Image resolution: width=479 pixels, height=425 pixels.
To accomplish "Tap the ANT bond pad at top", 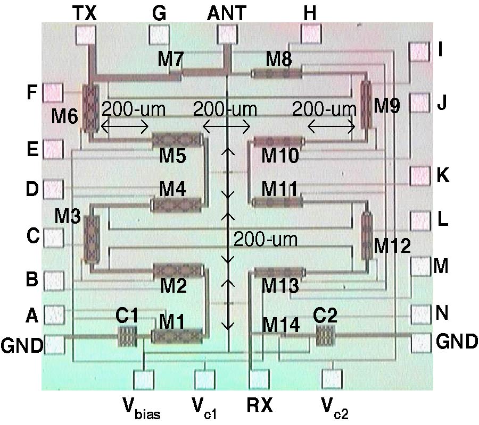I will [x=227, y=36].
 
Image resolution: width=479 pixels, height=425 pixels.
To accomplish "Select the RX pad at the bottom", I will [x=260, y=379].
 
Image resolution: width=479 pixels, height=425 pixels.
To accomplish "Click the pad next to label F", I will [x=53, y=92].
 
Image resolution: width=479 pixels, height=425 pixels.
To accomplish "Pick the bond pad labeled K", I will [x=420, y=175].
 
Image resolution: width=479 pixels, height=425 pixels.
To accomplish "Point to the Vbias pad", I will [x=144, y=379].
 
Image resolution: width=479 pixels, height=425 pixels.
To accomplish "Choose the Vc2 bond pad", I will [x=332, y=379].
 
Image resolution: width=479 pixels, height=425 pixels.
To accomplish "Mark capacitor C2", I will [x=325, y=336].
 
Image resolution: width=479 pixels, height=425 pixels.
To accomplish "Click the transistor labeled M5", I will [x=177, y=140].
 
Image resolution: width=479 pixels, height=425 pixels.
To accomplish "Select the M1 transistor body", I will [x=177, y=336].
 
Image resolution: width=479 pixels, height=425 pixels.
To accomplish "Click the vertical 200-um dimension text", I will [x=265, y=240].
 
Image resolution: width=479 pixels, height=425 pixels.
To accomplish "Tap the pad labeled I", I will [x=419, y=53].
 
